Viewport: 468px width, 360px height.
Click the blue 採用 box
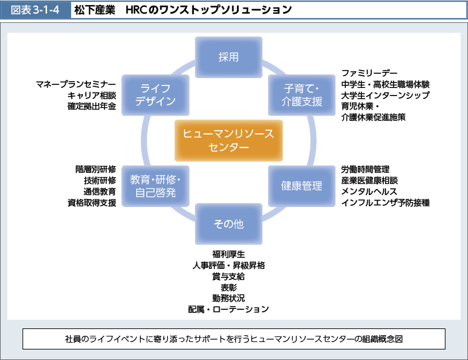[x=228, y=56]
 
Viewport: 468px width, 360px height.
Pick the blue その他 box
[x=228, y=224]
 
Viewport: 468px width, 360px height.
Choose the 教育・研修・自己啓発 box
[x=154, y=185]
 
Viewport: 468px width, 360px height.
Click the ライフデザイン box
[x=154, y=95]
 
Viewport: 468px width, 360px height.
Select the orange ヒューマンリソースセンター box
[x=228, y=140]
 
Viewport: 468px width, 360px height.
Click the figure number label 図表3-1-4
[x=35, y=10]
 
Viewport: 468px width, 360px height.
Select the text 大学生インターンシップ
[x=384, y=95]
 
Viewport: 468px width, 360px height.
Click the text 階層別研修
[x=95, y=169]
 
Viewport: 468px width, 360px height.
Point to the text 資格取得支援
[x=92, y=203]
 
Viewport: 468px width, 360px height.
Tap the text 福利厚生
[x=228, y=254]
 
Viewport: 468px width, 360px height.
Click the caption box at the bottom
[x=233, y=339]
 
